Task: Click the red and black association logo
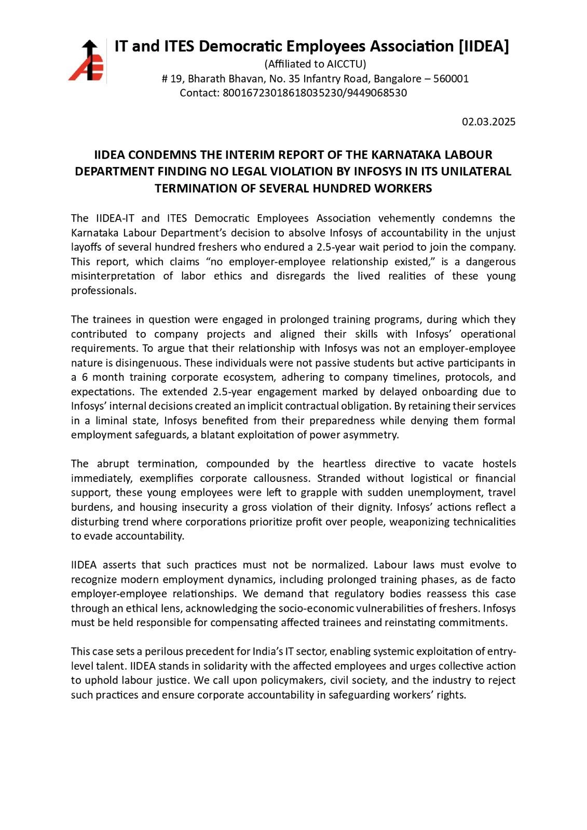tap(86, 61)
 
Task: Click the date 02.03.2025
tap(488, 122)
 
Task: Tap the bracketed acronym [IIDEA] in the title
tap(484, 47)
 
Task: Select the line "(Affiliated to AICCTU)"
tap(315, 64)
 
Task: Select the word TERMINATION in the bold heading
tap(193, 188)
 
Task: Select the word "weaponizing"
tap(419, 521)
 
